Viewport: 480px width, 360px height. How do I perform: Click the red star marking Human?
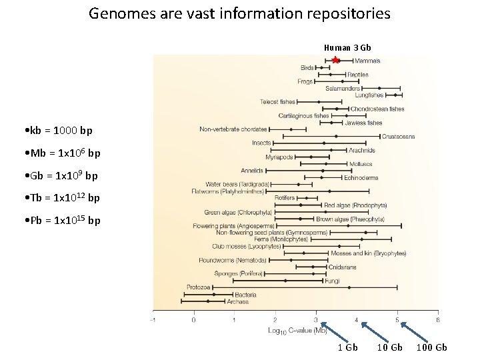pyautogui.click(x=335, y=61)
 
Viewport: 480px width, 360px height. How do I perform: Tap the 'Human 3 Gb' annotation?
pyautogui.click(x=347, y=47)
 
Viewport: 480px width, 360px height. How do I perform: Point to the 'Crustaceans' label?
pyautogui.click(x=398, y=136)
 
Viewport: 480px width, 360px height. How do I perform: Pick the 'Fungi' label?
pyautogui.click(x=332, y=281)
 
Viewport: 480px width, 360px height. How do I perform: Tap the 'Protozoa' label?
pyautogui.click(x=199, y=287)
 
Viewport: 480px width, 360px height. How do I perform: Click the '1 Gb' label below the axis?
pyautogui.click(x=347, y=347)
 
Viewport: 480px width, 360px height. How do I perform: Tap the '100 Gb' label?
pyautogui.click(x=431, y=347)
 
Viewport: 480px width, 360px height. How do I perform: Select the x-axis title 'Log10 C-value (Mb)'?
pyautogui.click(x=294, y=331)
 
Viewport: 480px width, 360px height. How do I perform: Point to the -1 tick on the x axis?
pyautogui.click(x=153, y=319)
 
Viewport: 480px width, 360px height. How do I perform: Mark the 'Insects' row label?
pyautogui.click(x=261, y=143)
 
